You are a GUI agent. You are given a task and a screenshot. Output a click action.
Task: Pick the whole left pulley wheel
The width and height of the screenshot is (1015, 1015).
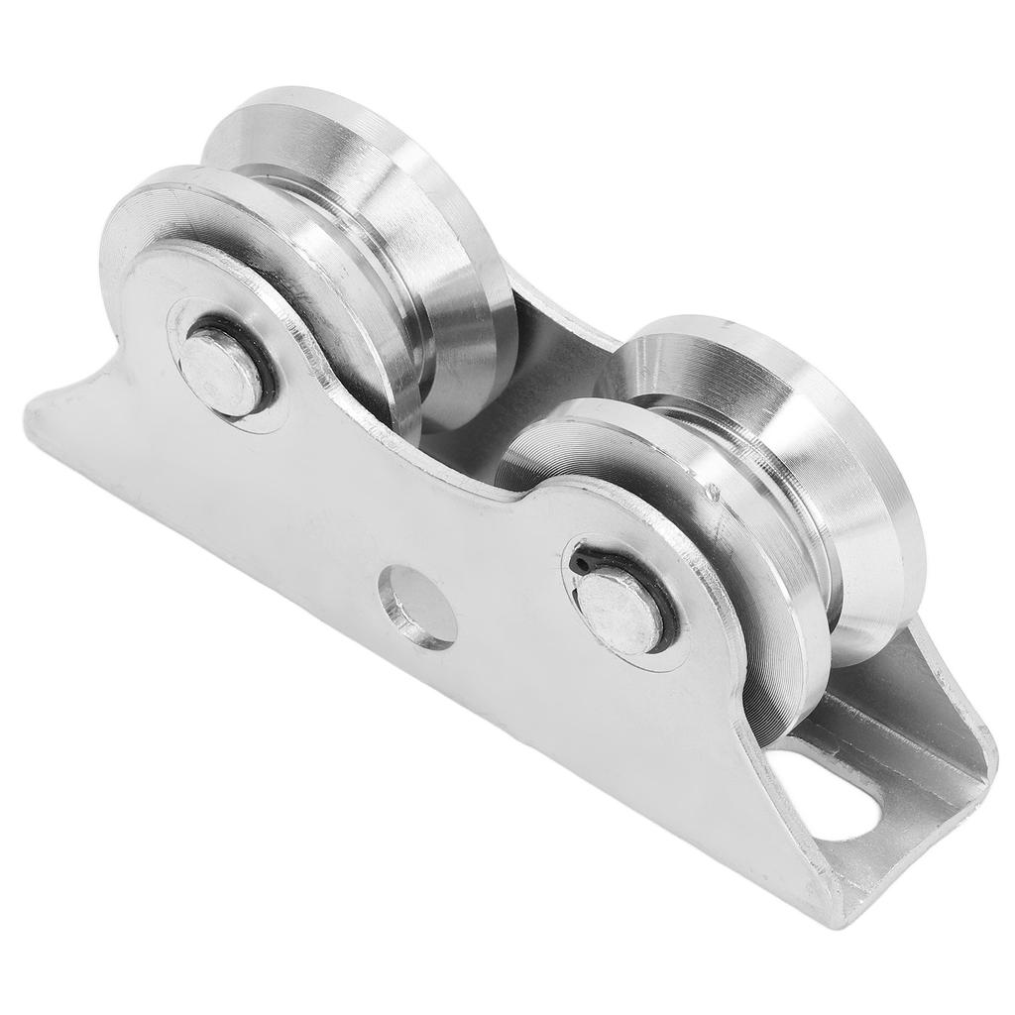coord(307,268)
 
